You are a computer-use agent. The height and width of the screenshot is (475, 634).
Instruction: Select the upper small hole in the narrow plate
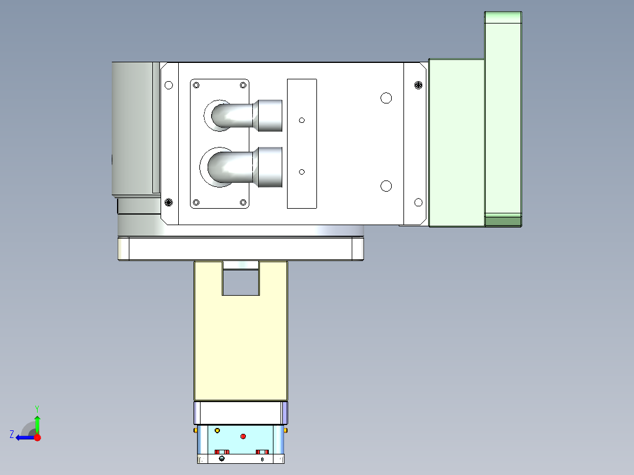tap(302, 120)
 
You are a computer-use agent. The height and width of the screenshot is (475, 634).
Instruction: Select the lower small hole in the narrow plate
tap(302, 172)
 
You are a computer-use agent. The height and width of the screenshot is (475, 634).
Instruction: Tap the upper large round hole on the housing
tap(386, 98)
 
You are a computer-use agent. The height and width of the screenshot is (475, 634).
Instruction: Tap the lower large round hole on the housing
tap(386, 186)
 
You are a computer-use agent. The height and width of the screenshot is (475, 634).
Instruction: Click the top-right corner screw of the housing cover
tap(419, 85)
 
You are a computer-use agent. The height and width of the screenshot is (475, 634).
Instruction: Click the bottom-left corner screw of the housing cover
tap(169, 202)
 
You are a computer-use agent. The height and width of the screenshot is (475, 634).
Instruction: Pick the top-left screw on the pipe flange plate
tap(196, 85)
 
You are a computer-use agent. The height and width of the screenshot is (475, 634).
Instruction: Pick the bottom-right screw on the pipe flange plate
tap(243, 202)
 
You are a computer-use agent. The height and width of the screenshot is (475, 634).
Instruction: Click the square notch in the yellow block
tap(241, 282)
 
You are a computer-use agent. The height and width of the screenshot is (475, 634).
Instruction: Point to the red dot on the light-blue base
tap(243, 436)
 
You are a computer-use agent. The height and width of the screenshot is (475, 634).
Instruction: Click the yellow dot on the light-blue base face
tap(218, 431)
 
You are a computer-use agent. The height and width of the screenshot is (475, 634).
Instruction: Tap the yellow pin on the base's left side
tap(195, 430)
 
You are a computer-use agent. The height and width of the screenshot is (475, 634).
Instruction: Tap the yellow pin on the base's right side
tap(286, 430)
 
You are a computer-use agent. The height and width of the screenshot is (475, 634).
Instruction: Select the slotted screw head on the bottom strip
tap(221, 459)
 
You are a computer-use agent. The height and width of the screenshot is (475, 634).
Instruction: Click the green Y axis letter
tap(36, 408)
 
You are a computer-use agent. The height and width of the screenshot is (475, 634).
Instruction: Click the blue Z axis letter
tap(11, 434)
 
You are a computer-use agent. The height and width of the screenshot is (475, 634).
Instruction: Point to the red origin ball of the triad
tap(37, 437)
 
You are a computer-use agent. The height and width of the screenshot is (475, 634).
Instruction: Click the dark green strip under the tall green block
tap(503, 221)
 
